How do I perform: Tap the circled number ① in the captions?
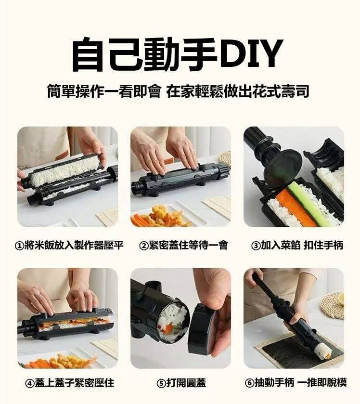pos(20,246)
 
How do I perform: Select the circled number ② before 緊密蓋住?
pos(143,246)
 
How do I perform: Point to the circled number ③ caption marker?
pos(256,246)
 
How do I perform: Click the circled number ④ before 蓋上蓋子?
pos(30,383)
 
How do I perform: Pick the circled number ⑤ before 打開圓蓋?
pos(161,383)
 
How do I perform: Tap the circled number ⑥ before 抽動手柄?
pos(249,383)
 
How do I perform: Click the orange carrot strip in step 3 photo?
pos(296,208)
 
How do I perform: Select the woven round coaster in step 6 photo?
pos(332,306)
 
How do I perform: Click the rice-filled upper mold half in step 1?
pos(64,170)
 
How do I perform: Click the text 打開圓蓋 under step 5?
pos(186,383)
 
